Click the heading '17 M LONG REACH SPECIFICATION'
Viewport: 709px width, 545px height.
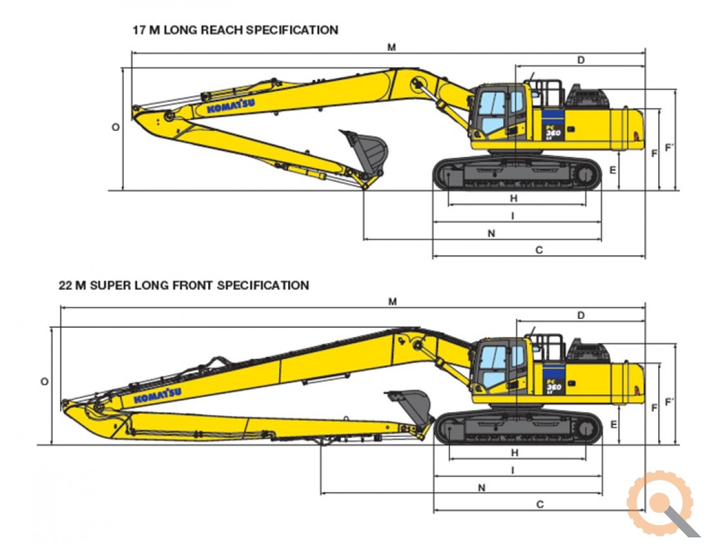click(x=235, y=30)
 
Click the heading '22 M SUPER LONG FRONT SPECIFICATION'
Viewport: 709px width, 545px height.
click(x=184, y=285)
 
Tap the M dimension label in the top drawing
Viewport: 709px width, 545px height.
click(x=392, y=47)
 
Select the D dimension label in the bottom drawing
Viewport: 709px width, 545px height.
click(x=581, y=315)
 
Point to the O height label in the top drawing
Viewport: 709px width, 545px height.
click(x=116, y=128)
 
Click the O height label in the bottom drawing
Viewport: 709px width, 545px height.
click(x=44, y=382)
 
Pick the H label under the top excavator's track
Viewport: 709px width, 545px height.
click(x=514, y=198)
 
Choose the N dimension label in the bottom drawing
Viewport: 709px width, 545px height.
click(x=481, y=488)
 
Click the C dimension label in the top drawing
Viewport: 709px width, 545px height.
click(x=539, y=250)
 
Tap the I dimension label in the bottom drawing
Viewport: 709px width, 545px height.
click(x=513, y=470)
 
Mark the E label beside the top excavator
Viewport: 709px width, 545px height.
click(x=613, y=170)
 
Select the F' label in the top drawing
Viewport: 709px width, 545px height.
click(x=669, y=148)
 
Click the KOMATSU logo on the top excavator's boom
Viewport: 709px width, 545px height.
click(x=231, y=106)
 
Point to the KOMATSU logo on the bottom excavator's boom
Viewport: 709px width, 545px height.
click(x=158, y=395)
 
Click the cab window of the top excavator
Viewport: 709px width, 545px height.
click(x=492, y=111)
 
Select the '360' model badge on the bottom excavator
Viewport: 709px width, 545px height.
click(x=553, y=387)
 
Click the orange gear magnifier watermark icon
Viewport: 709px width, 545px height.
click(x=663, y=503)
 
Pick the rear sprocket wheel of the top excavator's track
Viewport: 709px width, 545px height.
click(x=586, y=175)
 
